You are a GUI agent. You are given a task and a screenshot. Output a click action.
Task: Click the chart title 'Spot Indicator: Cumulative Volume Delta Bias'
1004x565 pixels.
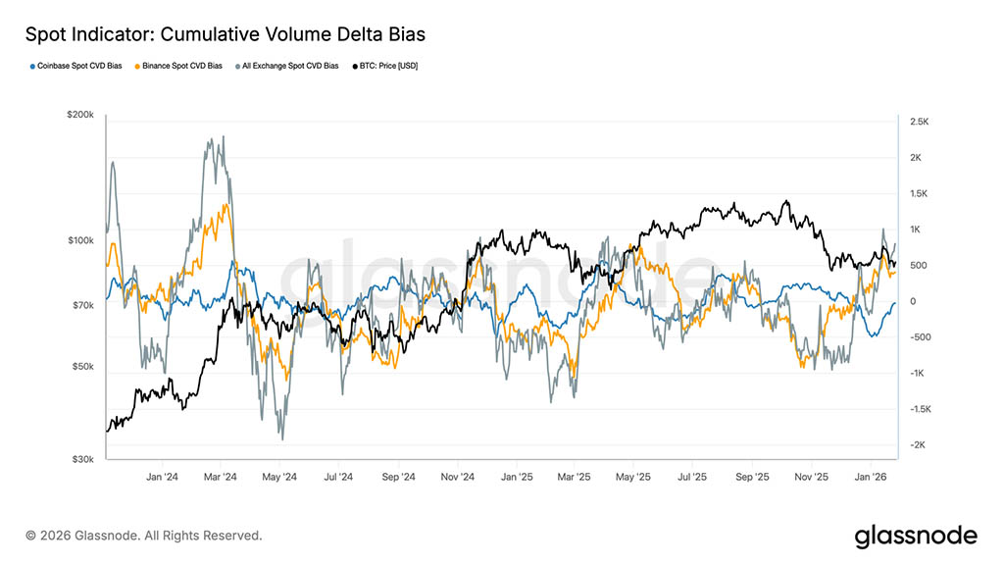click(x=226, y=35)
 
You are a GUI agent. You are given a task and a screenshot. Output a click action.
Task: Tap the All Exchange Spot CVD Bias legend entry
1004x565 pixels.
click(x=288, y=66)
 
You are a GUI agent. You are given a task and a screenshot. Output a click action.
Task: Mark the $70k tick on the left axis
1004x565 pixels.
click(x=82, y=305)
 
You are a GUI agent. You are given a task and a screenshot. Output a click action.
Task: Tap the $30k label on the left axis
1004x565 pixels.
click(x=82, y=459)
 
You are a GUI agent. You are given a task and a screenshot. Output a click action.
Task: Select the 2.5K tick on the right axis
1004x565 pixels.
click(x=919, y=122)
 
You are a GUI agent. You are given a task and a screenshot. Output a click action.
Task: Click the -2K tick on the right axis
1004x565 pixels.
click(x=917, y=445)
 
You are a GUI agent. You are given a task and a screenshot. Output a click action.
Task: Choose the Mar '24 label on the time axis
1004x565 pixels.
click(x=221, y=478)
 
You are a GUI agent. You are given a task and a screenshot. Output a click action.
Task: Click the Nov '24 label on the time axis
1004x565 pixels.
click(x=457, y=478)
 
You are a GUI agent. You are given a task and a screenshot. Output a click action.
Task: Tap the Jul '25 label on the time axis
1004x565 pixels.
click(x=692, y=478)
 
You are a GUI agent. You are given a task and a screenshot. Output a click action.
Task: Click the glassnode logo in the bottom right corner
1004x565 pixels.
click(x=916, y=536)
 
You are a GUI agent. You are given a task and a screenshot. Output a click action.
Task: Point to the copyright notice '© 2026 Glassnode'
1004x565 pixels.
click(x=144, y=536)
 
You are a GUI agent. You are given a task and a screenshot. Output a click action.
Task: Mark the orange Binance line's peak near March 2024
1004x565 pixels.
click(x=226, y=205)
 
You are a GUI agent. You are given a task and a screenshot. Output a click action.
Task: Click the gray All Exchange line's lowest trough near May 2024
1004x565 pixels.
click(x=281, y=437)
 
